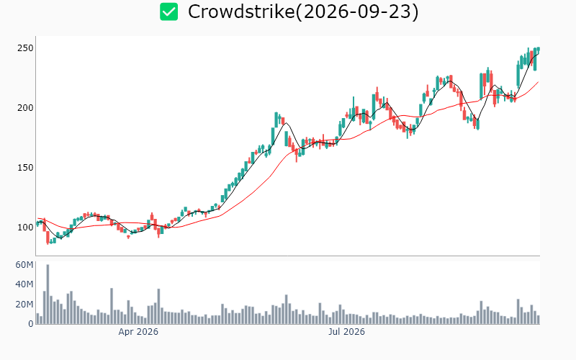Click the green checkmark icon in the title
click(169, 12)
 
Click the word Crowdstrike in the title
click(241, 12)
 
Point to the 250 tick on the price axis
click(25, 48)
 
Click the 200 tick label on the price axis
click(25, 108)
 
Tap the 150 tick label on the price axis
click(25, 168)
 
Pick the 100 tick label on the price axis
click(25, 228)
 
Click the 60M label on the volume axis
click(24, 265)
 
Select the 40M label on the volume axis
click(24, 284)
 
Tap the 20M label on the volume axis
click(24, 304)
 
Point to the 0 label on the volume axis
click(31, 324)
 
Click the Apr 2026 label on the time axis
click(138, 332)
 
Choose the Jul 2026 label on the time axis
click(346, 332)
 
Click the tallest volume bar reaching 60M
click(48, 294)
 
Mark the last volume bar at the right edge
click(538, 320)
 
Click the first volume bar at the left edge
click(37, 318)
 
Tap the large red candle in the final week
click(531, 58)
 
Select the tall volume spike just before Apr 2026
click(112, 306)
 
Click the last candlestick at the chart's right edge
click(538, 49)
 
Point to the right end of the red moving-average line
click(538, 82)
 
